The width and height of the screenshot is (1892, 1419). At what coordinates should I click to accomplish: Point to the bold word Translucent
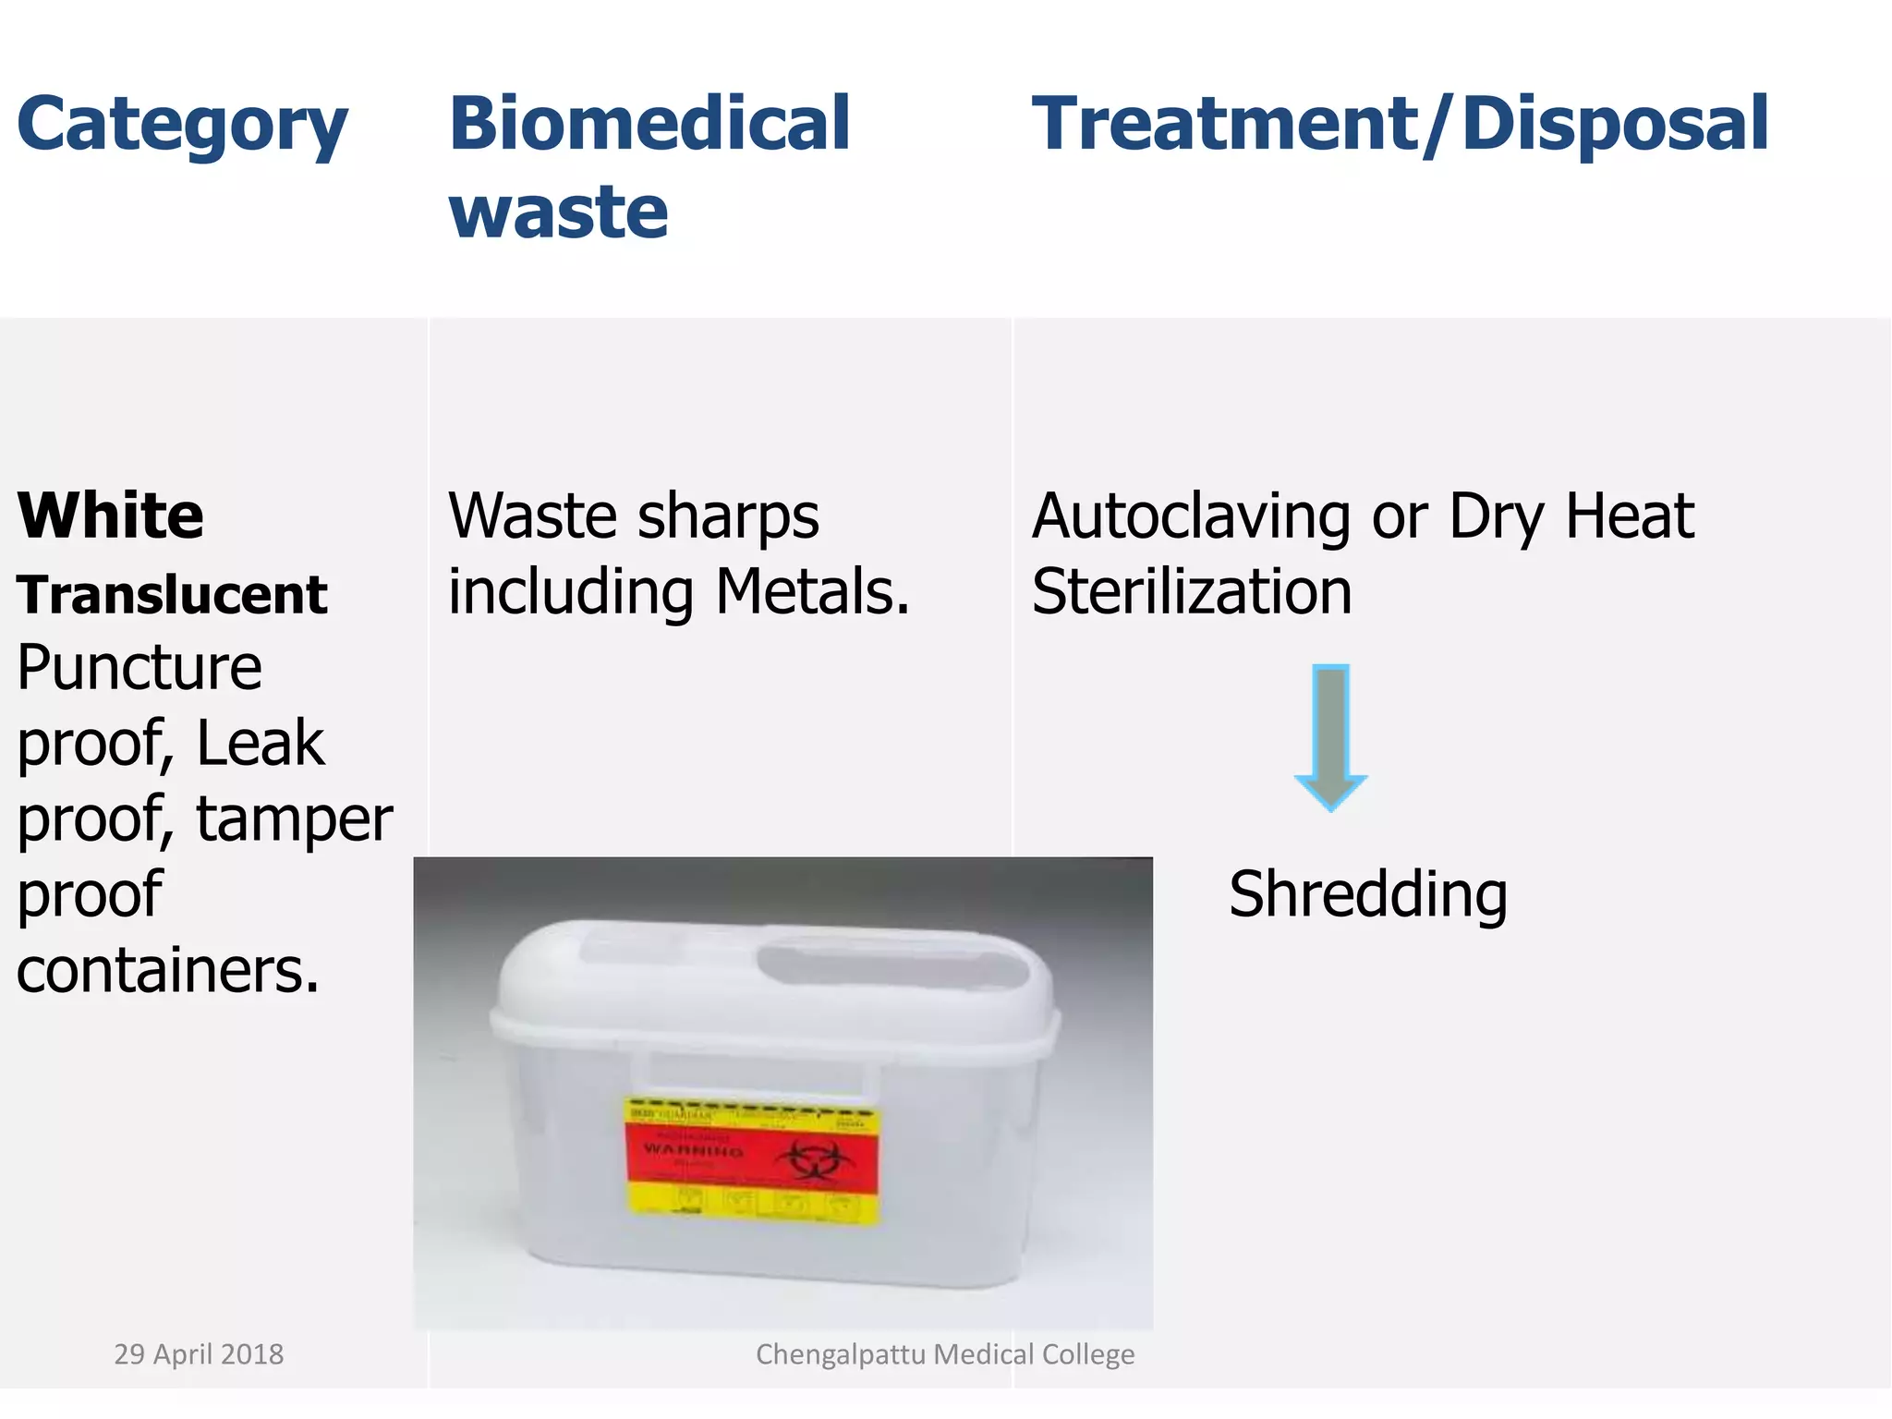(172, 594)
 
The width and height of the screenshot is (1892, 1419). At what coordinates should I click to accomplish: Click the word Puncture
(139, 667)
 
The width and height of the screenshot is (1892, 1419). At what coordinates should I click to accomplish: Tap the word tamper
(294, 819)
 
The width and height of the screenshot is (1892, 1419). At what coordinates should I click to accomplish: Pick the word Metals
(812, 591)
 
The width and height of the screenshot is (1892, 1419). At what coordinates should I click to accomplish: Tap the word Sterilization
(1192, 591)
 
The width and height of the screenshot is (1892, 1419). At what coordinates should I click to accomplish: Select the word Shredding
(1367, 894)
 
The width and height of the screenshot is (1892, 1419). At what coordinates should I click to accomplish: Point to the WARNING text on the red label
(693, 1150)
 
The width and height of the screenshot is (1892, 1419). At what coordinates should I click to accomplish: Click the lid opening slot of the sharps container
(891, 965)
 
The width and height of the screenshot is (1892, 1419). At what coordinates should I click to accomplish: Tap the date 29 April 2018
(199, 1354)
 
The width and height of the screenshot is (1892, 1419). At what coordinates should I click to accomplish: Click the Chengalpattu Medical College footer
(945, 1354)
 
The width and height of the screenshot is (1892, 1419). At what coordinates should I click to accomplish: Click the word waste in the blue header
(558, 212)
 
